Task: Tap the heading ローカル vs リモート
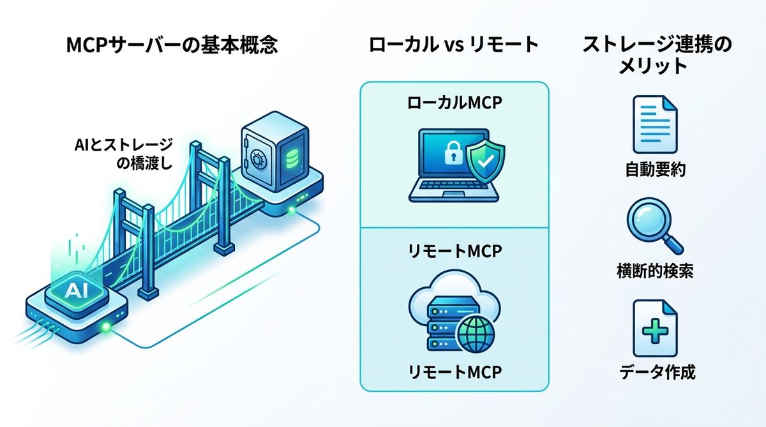pos(454,46)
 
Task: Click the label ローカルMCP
pos(454,104)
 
